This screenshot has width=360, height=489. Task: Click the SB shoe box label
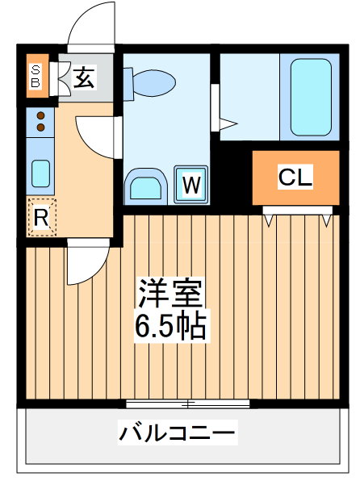[x=36, y=76]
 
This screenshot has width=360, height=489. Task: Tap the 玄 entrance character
[x=83, y=77]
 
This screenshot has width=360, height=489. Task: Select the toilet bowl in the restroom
[x=153, y=81]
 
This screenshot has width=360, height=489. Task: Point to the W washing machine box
[x=190, y=185]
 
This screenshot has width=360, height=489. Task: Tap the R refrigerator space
[x=41, y=217]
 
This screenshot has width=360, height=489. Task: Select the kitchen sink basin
[x=40, y=172]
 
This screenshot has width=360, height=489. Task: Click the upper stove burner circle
[x=40, y=115]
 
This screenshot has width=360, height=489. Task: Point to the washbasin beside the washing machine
[x=145, y=186]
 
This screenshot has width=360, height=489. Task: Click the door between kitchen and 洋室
[x=86, y=262]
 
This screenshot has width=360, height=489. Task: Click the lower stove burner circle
[x=40, y=127]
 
